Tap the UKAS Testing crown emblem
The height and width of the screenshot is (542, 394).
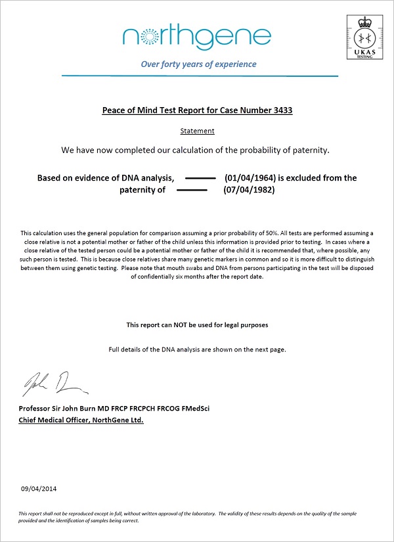(x=363, y=34)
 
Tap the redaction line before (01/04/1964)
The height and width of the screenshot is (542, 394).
(x=201, y=178)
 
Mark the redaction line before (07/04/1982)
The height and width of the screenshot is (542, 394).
(x=192, y=191)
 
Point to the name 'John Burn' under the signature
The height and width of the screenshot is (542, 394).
(x=82, y=409)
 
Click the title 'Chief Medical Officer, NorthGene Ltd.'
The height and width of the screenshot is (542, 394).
(x=82, y=420)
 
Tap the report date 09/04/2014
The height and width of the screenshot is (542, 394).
(x=39, y=489)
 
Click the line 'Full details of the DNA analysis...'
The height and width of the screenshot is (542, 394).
(x=197, y=350)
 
